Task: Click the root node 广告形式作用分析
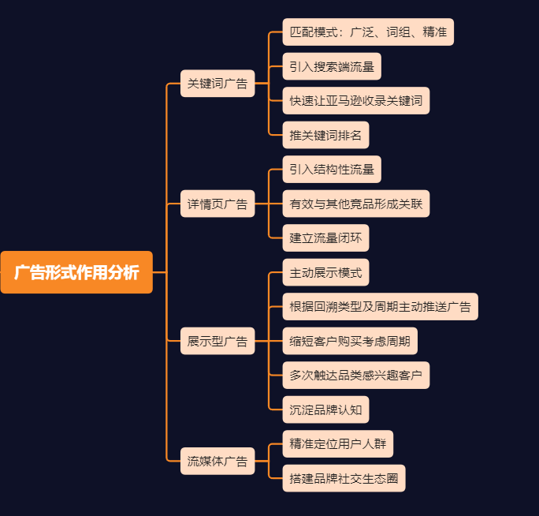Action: (76, 272)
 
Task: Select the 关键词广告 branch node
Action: (217, 83)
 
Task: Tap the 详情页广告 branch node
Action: (217, 204)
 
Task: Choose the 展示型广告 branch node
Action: (217, 341)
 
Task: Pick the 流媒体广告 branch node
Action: (217, 462)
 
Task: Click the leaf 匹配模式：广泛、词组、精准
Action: (368, 32)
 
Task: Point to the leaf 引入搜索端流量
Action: (332, 66)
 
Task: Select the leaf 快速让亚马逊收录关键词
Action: (356, 100)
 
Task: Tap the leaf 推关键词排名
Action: (325, 135)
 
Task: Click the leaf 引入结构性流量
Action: (332, 169)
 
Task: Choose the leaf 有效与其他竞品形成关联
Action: (356, 204)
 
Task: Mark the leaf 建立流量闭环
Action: (325, 237)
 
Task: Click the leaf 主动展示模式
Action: (325, 272)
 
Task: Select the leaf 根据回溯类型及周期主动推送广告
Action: (380, 306)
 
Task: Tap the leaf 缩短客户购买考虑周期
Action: (350, 341)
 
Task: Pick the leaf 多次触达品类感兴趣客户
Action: (356, 375)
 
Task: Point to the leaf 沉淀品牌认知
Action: (325, 409)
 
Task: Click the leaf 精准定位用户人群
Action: (337, 443)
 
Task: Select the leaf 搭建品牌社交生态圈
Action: (344, 478)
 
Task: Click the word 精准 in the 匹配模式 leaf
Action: (434, 32)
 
